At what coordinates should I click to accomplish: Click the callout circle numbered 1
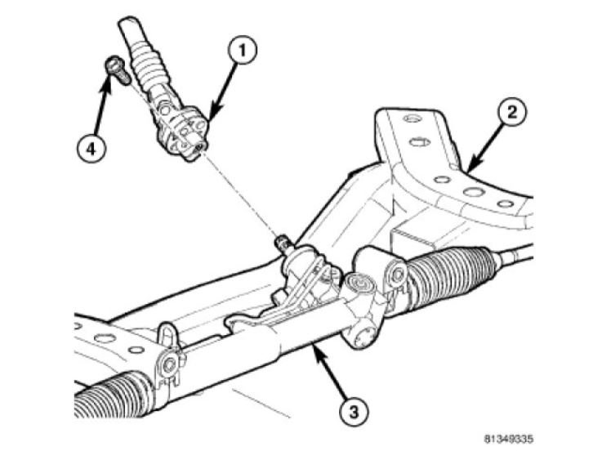tap(241, 51)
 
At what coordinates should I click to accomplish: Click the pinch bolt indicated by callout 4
tap(114, 68)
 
